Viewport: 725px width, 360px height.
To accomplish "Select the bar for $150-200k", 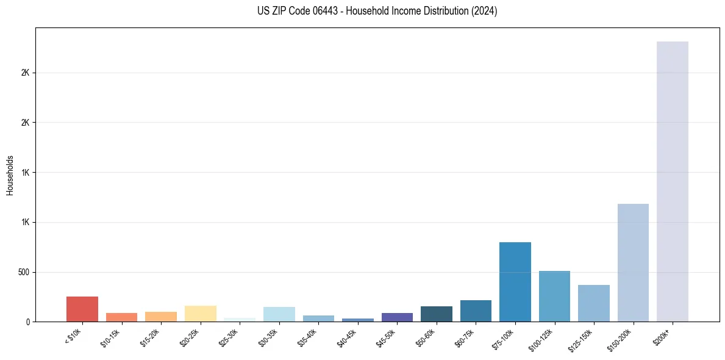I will [x=633, y=262].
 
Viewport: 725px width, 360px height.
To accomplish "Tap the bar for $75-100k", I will [x=515, y=282].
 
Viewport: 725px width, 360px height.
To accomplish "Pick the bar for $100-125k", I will [x=554, y=296].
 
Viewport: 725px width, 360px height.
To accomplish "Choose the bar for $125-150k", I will [x=594, y=303].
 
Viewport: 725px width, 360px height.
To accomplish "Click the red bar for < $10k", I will [x=82, y=309].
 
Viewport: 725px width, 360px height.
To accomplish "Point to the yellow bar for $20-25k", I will [x=201, y=314].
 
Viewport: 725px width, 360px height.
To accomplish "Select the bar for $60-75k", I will [x=476, y=311].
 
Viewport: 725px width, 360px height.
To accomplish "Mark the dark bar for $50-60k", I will [x=437, y=314].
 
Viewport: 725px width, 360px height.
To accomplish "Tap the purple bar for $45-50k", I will [x=397, y=317].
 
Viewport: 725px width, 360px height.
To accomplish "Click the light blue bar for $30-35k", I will [x=279, y=314].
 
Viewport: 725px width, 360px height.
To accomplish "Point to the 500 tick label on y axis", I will [x=24, y=272].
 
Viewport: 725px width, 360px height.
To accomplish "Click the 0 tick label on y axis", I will [x=28, y=322].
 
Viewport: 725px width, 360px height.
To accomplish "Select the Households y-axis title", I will [x=10, y=175].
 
